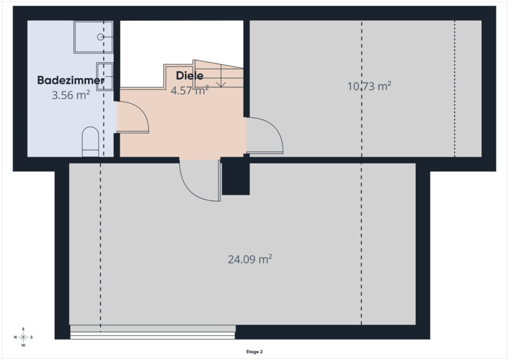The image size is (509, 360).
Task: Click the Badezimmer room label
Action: (x=71, y=80)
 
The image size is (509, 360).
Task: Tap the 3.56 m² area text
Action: (x=71, y=95)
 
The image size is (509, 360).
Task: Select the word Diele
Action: (x=189, y=76)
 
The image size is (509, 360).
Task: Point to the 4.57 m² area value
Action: (x=189, y=91)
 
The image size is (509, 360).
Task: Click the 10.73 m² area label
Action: (x=369, y=86)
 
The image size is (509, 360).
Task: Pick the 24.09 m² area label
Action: (x=249, y=259)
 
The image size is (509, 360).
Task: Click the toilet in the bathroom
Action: (x=90, y=142)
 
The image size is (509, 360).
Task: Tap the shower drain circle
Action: (x=101, y=37)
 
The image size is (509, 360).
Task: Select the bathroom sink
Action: (x=105, y=76)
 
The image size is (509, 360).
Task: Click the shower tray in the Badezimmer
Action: (x=93, y=37)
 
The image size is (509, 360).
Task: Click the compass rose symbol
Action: (x=23, y=337)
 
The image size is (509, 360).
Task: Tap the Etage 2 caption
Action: (x=255, y=352)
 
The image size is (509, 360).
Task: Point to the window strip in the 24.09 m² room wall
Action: (x=153, y=332)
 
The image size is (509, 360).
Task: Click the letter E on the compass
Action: (x=23, y=329)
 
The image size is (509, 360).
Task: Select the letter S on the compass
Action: (x=32, y=337)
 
